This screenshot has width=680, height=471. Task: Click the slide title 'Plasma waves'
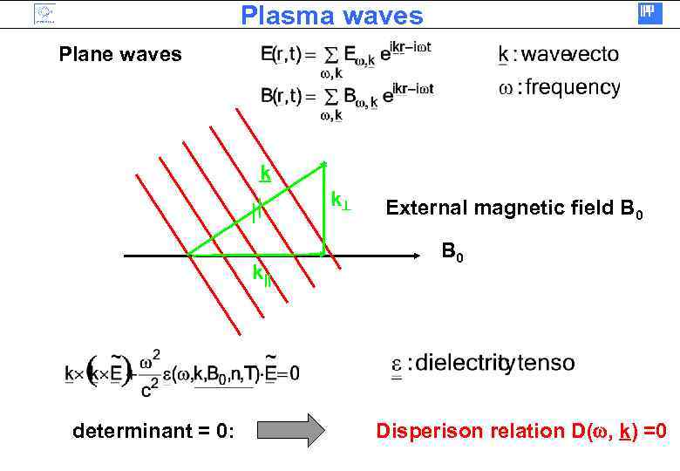pyautogui.click(x=331, y=16)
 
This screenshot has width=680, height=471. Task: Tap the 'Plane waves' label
pyautogui.click(x=120, y=55)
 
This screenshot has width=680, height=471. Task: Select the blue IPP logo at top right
pyautogui.click(x=650, y=13)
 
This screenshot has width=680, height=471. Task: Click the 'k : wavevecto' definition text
pyautogui.click(x=558, y=55)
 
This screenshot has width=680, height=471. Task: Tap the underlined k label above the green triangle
pyautogui.click(x=265, y=174)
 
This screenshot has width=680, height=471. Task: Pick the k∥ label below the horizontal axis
pyautogui.click(x=260, y=274)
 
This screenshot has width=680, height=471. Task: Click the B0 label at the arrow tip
pyautogui.click(x=452, y=253)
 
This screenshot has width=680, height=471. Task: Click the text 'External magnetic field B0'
pyautogui.click(x=514, y=208)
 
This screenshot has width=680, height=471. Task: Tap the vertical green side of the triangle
pyautogui.click(x=324, y=209)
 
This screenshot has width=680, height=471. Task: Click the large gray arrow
pyautogui.click(x=291, y=430)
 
